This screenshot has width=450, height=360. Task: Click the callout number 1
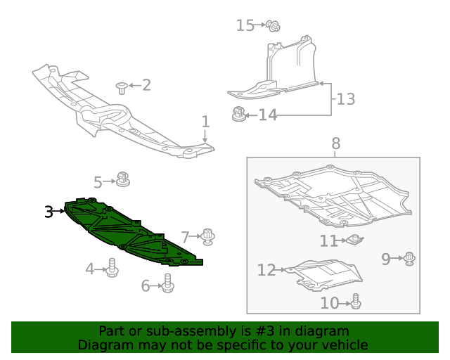coord(205,122)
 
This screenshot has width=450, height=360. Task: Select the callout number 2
coord(146,85)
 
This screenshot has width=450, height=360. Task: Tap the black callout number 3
coord(49,211)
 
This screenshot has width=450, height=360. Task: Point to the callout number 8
coord(335,143)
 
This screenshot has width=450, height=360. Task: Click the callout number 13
coord(345,99)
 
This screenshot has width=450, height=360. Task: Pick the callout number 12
coord(266,269)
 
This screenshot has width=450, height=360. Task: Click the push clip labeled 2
coord(123,87)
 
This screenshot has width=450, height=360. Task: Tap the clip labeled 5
coord(124,179)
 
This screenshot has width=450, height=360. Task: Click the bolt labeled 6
coord(167,283)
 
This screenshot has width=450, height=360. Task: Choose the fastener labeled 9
coord(409,259)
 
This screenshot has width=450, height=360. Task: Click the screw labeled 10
coord(356,302)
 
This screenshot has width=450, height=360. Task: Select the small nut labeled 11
coord(354,240)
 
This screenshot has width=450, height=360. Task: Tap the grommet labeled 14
coord(239,112)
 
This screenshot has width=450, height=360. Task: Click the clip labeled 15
coord(274,26)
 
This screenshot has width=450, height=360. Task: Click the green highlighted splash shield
coord(127,232)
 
